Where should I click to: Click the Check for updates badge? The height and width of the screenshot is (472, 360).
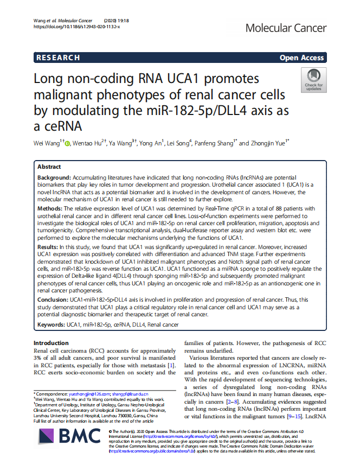coord(313,80)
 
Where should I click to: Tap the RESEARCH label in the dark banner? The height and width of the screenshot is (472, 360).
coord(58,58)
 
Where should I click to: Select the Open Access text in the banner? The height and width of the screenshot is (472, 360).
coord(301,58)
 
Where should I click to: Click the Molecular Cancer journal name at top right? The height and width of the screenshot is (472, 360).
coord(286,28)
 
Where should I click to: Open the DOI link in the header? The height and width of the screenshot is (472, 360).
coord(76,26)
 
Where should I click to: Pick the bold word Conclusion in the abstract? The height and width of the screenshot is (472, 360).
coord(53,300)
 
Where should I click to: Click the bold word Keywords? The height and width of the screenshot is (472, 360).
coord(52,324)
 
